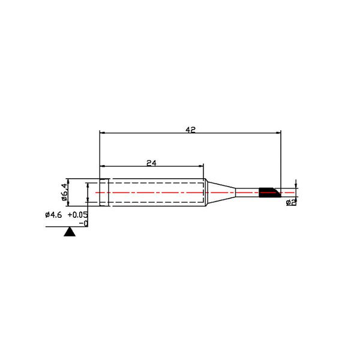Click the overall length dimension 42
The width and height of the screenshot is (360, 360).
190,130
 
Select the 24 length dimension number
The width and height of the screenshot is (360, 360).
151,163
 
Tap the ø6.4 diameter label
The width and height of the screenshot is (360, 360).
65,192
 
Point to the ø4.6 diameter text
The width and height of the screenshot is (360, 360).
53,215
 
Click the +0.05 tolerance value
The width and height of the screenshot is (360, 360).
77,215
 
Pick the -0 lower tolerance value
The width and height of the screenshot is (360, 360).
83,223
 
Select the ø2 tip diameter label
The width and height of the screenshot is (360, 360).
291,203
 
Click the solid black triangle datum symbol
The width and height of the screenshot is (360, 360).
70,232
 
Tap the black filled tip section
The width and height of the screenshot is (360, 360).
269,193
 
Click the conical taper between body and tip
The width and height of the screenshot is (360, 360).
220,193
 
